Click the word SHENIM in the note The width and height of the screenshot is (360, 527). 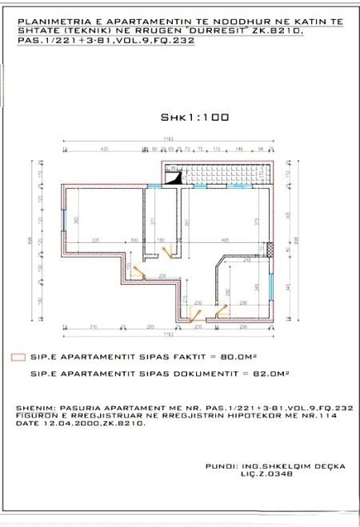pos(32,408)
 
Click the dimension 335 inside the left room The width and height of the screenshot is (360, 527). pos(94,239)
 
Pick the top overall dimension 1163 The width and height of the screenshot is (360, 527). pos(167,140)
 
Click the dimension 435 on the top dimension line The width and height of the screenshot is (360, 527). pos(104,150)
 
